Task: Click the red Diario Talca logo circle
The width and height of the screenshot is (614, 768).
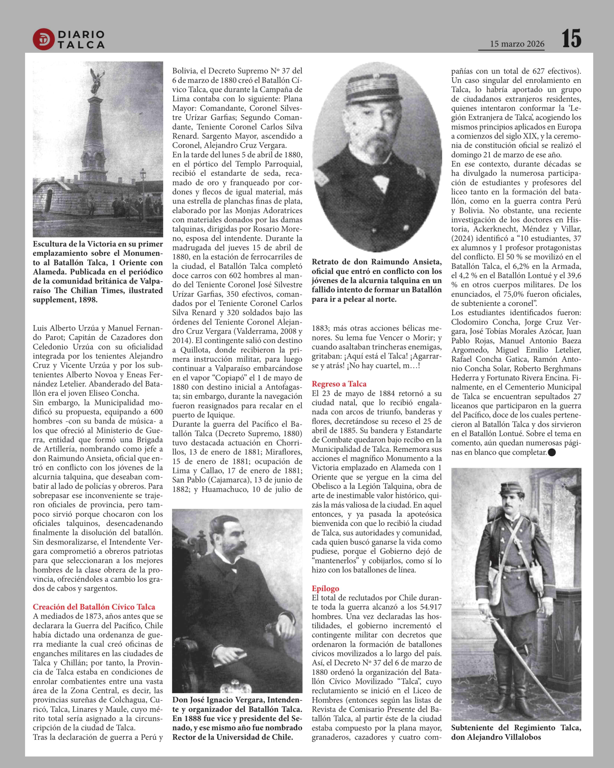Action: coord(43,39)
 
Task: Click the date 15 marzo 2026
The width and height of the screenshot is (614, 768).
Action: coord(517,44)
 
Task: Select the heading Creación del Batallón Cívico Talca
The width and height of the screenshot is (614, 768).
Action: coord(94,607)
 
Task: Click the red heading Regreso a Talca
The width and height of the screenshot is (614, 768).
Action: coord(339,384)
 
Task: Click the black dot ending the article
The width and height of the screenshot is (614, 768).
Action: coord(552,452)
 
